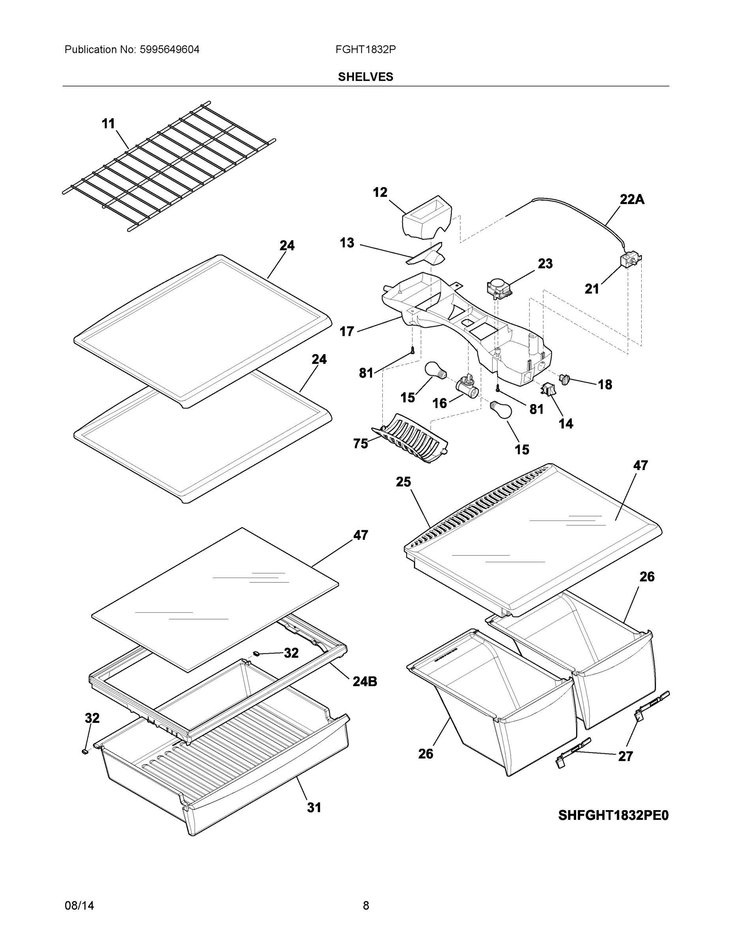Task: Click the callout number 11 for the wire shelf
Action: [x=108, y=124]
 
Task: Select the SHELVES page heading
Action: [x=365, y=77]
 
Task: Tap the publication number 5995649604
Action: [x=170, y=49]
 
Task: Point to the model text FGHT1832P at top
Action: [x=365, y=49]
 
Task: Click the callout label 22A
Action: [x=632, y=199]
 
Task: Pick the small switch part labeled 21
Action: [x=629, y=262]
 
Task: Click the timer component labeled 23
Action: [x=498, y=289]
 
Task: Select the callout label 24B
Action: [x=365, y=681]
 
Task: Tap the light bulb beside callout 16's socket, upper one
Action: [x=435, y=371]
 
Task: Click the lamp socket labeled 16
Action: [x=467, y=387]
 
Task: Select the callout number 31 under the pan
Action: [x=314, y=807]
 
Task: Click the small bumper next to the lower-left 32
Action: [x=85, y=750]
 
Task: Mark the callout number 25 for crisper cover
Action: [x=403, y=482]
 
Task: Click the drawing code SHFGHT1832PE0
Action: [x=613, y=816]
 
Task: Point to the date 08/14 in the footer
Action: [x=79, y=906]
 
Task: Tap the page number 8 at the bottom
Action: [x=365, y=906]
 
